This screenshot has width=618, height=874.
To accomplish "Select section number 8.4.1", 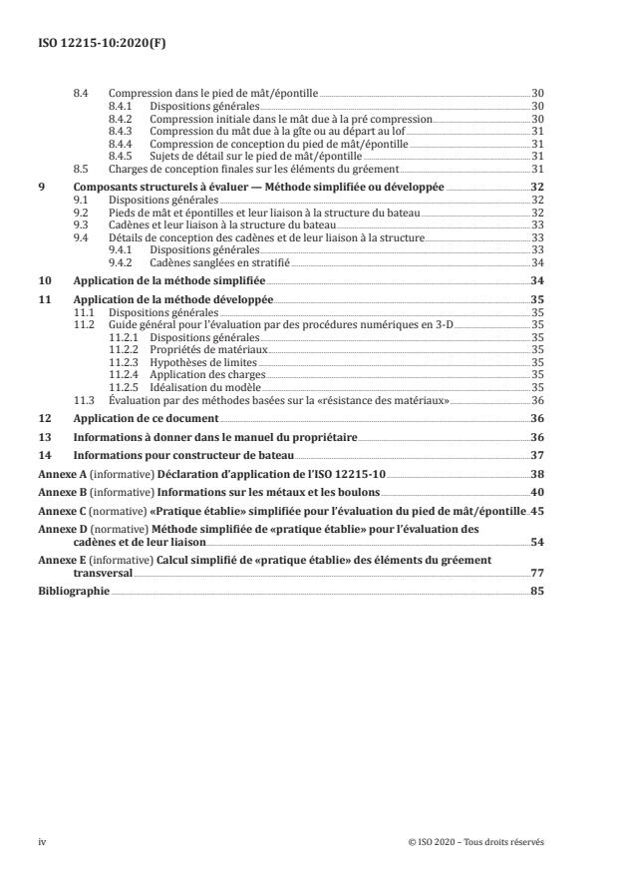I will click(123, 105).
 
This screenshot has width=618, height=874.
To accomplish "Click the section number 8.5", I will click(84, 170).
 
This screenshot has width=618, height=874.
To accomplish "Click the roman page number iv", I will click(43, 841).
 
